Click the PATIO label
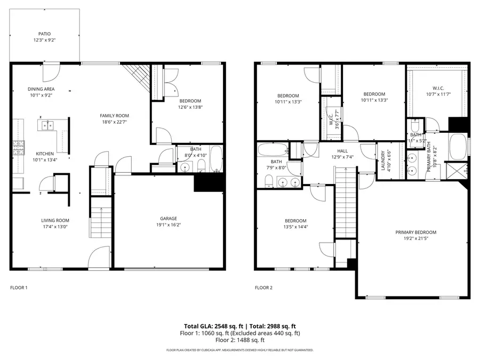pyautogui.click(x=45, y=34)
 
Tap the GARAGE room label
pyautogui.click(x=169, y=218)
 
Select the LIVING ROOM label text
pyautogui.click(x=55, y=220)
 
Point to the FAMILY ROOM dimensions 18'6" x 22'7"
pyautogui.click(x=115, y=122)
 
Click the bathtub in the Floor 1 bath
pyautogui.click(x=216, y=158)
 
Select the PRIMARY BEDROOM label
pyautogui.click(x=415, y=232)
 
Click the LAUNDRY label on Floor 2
pyautogui.click(x=383, y=161)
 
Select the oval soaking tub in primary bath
pyautogui.click(x=458, y=146)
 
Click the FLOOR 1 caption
pyautogui.click(x=19, y=288)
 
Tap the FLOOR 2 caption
pyautogui.click(x=263, y=288)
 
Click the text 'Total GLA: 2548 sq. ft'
pyautogui.click(x=212, y=326)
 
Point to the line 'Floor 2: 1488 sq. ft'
pyautogui.click(x=239, y=340)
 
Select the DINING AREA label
pyautogui.click(x=41, y=89)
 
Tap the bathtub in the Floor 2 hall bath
pyautogui.click(x=272, y=149)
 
